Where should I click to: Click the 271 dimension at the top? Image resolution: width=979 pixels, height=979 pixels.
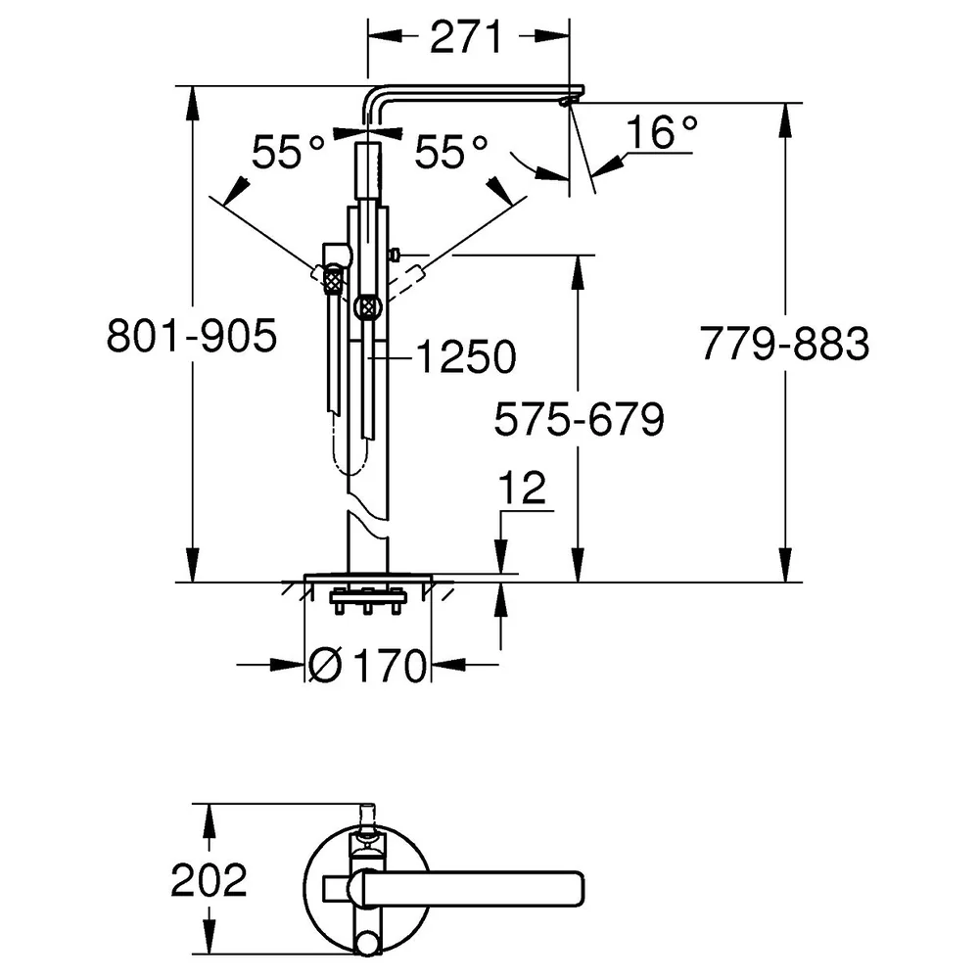[x=466, y=37]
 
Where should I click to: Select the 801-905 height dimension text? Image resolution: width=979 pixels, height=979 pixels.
[x=192, y=337]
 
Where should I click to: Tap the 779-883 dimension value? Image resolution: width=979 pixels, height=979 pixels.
[x=785, y=344]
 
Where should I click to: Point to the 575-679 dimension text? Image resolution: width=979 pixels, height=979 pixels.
[x=580, y=419]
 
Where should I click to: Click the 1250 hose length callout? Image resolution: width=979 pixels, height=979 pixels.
[x=466, y=357]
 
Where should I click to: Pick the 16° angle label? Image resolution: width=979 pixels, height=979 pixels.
[x=662, y=132]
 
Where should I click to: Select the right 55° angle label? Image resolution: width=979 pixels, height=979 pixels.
[x=450, y=152]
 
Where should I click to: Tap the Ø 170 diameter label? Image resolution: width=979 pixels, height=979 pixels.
[x=368, y=665]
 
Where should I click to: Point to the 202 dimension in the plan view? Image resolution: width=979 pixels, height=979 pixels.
[x=210, y=880]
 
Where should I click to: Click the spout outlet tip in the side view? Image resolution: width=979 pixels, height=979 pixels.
[x=570, y=100]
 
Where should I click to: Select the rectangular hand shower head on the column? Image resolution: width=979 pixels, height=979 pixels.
[x=368, y=170]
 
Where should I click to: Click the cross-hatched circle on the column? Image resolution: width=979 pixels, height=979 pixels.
[x=368, y=307]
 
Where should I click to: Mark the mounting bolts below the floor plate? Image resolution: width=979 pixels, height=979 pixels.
[x=368, y=601]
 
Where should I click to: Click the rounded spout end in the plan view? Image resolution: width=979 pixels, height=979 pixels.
[x=576, y=889]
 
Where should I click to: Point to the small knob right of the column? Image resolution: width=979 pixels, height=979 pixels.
[x=395, y=255]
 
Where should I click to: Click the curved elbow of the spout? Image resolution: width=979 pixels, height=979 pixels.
[x=373, y=97]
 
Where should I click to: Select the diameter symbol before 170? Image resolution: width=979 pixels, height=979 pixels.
[x=326, y=665]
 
